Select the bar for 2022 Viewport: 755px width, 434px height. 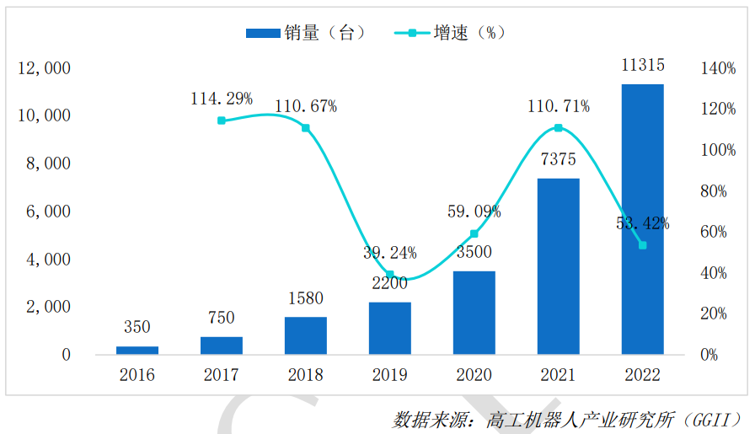(x=642, y=219)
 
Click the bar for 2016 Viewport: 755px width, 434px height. (x=137, y=350)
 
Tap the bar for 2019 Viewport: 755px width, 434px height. (x=390, y=328)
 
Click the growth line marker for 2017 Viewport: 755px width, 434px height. (x=222, y=121)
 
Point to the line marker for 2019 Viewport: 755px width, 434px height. (x=390, y=275)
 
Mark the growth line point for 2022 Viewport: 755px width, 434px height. (x=642, y=245)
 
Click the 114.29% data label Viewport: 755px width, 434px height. (x=222, y=99)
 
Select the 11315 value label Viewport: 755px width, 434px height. (x=642, y=65)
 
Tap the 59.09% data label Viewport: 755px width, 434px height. (x=474, y=212)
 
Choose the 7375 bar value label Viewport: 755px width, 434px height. (x=558, y=160)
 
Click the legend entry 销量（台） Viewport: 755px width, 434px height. (x=306, y=33)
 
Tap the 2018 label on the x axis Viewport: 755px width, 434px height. (x=306, y=375)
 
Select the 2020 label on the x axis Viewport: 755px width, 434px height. (x=474, y=375)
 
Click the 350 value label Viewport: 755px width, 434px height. (x=137, y=326)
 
